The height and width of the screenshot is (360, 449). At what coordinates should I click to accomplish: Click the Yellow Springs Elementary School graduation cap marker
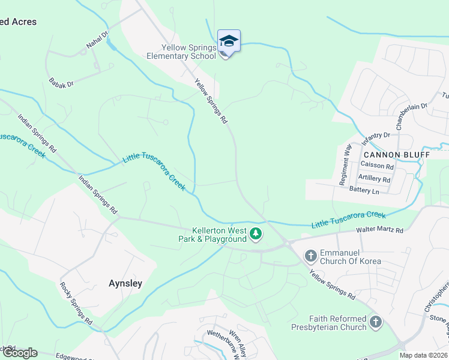coord(229,41)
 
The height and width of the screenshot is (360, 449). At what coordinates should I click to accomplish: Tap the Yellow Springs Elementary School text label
coord(181,52)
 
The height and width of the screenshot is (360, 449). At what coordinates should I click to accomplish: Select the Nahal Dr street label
coord(96,40)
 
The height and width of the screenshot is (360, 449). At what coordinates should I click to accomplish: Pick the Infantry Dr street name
coord(376,139)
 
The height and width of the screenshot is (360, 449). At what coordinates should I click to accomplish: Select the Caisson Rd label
coord(378,166)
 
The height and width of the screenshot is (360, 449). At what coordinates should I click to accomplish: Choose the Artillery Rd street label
coord(374,179)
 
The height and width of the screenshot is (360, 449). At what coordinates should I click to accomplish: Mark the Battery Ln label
coord(364,190)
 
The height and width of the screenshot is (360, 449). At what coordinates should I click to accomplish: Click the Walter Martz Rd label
coord(380,230)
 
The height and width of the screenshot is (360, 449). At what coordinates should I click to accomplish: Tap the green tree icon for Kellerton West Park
coord(256,233)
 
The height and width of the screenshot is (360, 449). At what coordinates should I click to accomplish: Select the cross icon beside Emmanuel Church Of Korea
coord(311,256)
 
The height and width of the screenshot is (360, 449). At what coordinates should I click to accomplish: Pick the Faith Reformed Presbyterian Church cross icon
coord(376,323)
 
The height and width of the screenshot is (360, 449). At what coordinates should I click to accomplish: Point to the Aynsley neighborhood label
coord(125,283)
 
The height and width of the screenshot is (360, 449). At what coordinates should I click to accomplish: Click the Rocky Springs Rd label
coord(76,303)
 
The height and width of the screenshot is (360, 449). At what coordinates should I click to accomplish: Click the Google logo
coord(19,353)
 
